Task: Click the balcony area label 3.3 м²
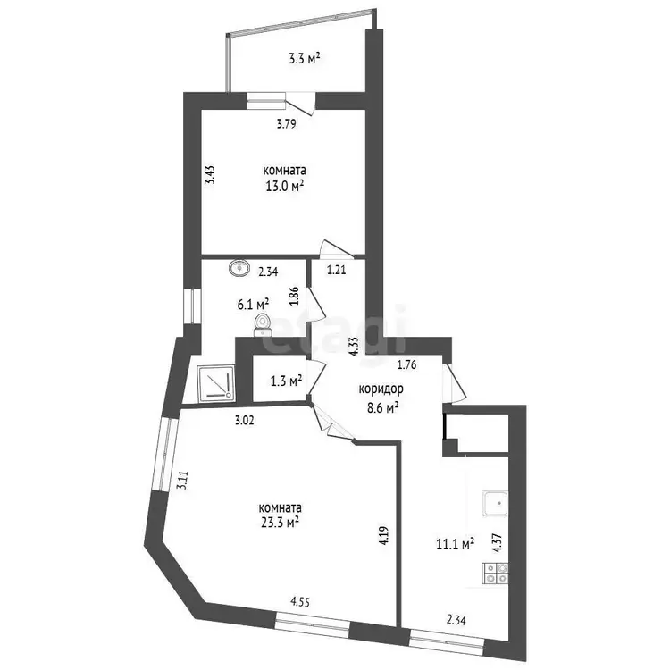tap(305, 59)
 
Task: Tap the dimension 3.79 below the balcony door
tap(286, 124)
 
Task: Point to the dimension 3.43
tap(209, 175)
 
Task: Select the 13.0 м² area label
tap(285, 187)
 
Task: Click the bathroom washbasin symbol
tap(239, 268)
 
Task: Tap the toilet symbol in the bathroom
tap(262, 324)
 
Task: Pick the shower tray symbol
tap(216, 383)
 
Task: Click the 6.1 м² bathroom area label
tap(253, 305)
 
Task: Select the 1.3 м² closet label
tap(287, 381)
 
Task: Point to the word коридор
tap(381, 389)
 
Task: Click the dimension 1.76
tap(406, 364)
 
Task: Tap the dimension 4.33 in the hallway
tap(354, 346)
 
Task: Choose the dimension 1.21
tap(337, 270)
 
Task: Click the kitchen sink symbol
tap(496, 503)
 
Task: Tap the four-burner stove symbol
tap(495, 573)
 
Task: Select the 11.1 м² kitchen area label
tap(456, 543)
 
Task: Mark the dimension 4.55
tap(300, 602)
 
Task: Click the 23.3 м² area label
tap(280, 522)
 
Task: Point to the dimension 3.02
tap(245, 421)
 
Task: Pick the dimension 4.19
tap(383, 534)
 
